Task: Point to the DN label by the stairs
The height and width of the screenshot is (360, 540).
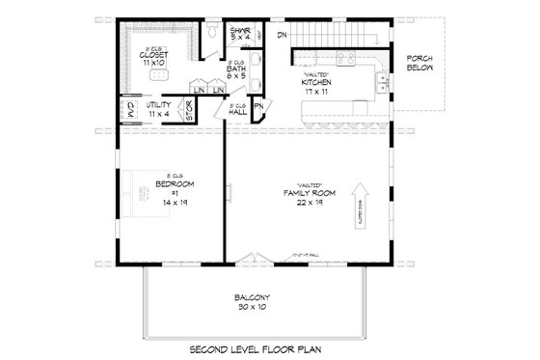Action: [282, 36]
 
